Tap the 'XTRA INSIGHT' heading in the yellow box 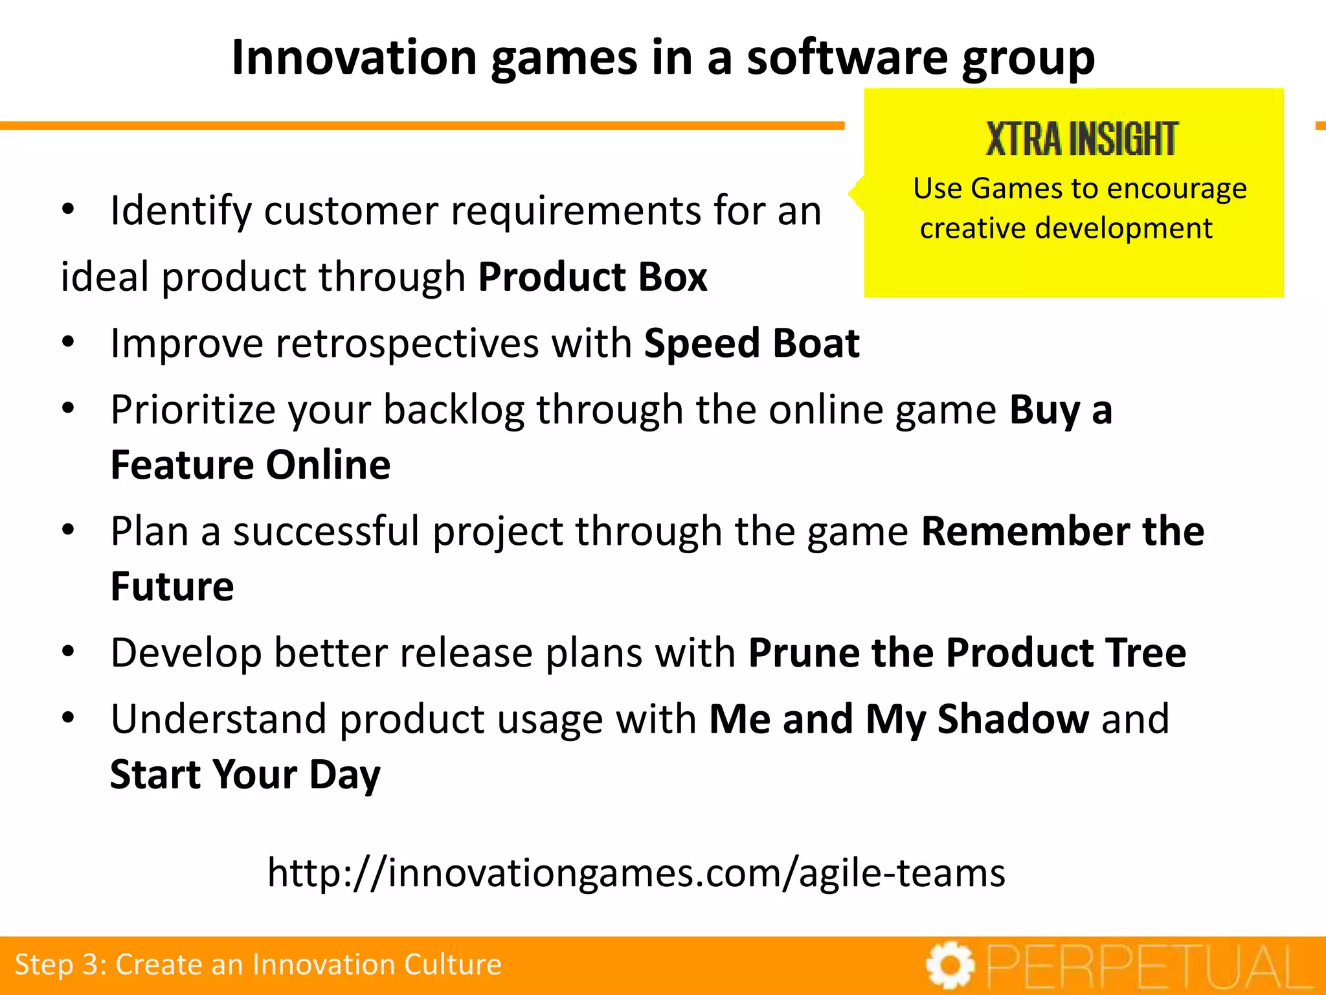1081,139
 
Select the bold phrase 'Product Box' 592,277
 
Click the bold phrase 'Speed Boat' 752,343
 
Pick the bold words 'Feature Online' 251,465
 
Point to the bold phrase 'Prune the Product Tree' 967,653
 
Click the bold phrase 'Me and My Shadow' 899,719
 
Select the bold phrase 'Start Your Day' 245,775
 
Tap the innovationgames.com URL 636,873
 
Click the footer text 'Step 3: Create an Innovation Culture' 258,965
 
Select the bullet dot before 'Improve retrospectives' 69,342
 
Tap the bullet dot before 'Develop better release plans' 69,652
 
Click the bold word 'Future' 172,587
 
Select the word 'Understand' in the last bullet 218,719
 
